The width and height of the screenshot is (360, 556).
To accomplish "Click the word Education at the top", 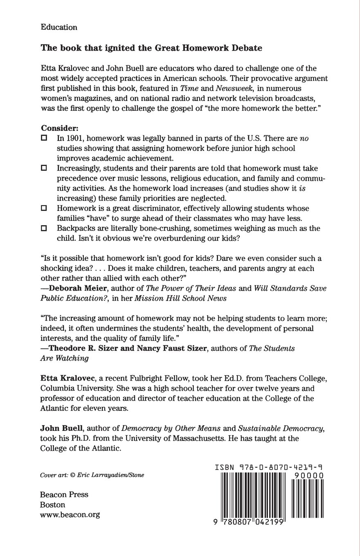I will pyautogui.click(x=59, y=27).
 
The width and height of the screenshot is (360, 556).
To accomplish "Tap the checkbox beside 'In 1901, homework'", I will pyautogui.click(x=44, y=138).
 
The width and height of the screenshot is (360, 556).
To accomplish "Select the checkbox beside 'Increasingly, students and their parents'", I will pyautogui.click(x=44, y=168).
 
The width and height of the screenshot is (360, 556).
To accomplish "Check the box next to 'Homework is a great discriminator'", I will pyautogui.click(x=44, y=208).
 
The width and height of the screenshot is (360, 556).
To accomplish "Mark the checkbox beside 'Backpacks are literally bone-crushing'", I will pyautogui.click(x=44, y=228).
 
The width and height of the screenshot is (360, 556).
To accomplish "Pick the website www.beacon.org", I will pyautogui.click(x=70, y=515).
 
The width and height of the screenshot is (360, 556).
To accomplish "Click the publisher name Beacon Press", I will pyautogui.click(x=64, y=494).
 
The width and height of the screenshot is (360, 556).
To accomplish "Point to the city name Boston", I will pyautogui.click(x=53, y=504).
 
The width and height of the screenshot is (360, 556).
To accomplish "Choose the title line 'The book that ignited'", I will pyautogui.click(x=151, y=48).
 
